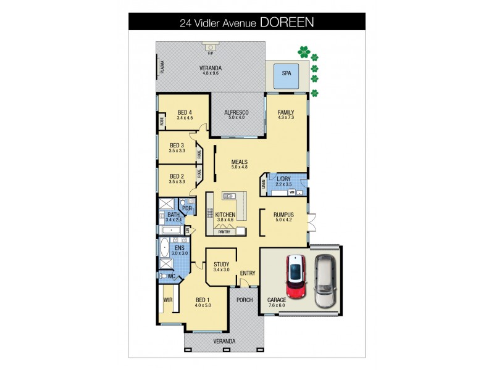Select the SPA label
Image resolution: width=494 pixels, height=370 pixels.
pyautogui.click(x=286, y=73)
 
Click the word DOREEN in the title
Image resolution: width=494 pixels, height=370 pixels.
pyautogui.click(x=287, y=22)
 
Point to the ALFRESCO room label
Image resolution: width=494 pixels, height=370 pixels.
pyautogui.click(x=236, y=112)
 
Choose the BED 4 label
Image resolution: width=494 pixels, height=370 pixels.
pyautogui.click(x=185, y=112)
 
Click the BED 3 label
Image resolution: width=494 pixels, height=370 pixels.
pyautogui.click(x=177, y=146)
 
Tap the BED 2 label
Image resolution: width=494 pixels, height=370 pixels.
pyautogui.click(x=177, y=176)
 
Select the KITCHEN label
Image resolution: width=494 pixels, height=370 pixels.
pyautogui.click(x=225, y=214)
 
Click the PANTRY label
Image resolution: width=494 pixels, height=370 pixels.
pyautogui.click(x=225, y=232)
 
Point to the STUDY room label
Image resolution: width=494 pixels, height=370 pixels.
pyautogui.click(x=221, y=264)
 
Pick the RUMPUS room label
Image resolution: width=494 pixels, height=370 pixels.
pyautogui.click(x=283, y=214)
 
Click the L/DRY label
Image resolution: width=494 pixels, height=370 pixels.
pyautogui.click(x=283, y=179)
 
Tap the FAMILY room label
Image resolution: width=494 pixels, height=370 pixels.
pyautogui.click(x=286, y=112)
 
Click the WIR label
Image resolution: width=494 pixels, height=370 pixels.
pyautogui.click(x=167, y=300)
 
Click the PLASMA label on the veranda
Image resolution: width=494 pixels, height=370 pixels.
pyautogui.click(x=162, y=65)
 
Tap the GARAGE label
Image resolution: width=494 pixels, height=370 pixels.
pyautogui.click(x=276, y=300)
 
